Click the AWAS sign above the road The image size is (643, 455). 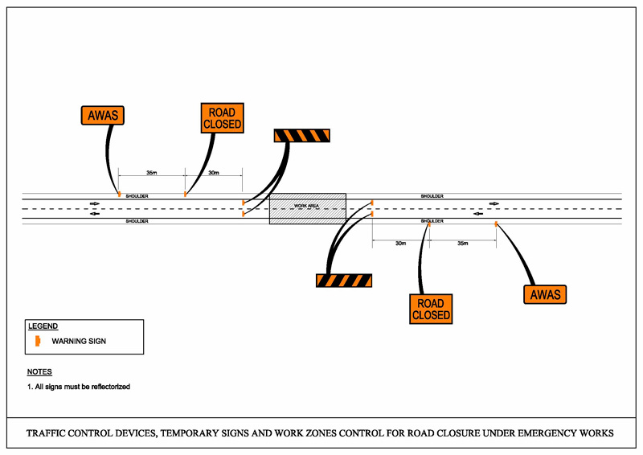[x=102, y=116]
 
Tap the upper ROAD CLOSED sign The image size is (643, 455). [x=221, y=118]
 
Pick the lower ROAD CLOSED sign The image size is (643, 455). [x=431, y=309]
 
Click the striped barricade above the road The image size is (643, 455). [x=302, y=137]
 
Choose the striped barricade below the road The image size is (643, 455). [x=344, y=281]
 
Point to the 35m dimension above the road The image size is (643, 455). [x=151, y=173]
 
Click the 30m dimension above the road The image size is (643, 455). [x=214, y=173]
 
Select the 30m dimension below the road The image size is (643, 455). [x=400, y=243]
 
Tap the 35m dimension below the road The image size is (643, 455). [x=463, y=243]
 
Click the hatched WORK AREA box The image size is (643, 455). [x=307, y=208]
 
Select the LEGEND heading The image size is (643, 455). [x=43, y=326]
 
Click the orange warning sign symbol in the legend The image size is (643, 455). [x=37, y=341]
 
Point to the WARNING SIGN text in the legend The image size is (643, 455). [x=79, y=342]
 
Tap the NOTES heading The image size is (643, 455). [x=39, y=372]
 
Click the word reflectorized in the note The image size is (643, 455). [x=110, y=387]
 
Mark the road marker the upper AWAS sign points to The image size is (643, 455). [x=119, y=194]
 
